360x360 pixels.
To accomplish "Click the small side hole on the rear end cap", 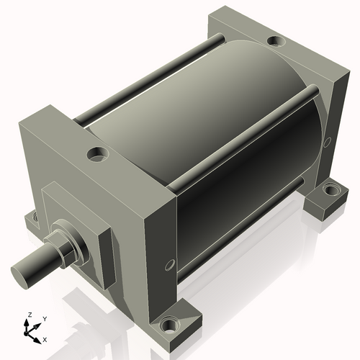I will [x=328, y=137].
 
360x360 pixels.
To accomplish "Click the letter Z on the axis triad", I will [x=29, y=315].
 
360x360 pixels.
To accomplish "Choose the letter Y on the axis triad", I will [x=44, y=318].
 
